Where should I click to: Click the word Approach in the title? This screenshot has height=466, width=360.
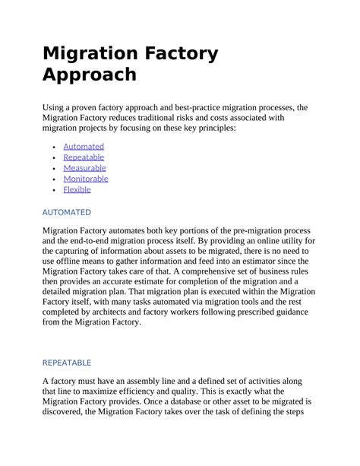coord(90,75)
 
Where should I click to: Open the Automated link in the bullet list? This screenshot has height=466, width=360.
coord(84,146)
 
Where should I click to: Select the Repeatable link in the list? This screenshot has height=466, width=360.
coord(84,157)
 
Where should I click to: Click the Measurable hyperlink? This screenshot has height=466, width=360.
coord(84,167)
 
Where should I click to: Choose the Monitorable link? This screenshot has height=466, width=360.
coord(86,179)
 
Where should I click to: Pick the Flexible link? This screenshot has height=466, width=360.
coord(77,189)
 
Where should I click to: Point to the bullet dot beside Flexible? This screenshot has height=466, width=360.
coord(53,190)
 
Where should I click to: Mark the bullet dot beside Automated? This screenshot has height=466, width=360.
coord(53,147)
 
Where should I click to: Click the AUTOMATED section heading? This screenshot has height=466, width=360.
coord(66,212)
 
